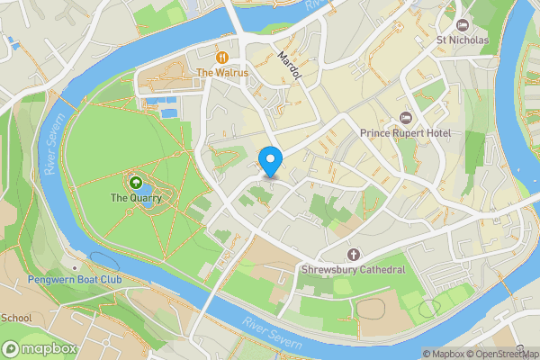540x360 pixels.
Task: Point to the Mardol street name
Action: coord(290,66)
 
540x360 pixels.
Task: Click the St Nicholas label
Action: coord(463,40)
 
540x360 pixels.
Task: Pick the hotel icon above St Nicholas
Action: coord(463,24)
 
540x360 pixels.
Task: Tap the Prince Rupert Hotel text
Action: coord(406,134)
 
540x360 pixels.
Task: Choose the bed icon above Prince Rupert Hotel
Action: coord(406,118)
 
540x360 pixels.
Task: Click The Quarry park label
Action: coord(136,198)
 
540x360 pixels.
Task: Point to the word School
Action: coord(16,318)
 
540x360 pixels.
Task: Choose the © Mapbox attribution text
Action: coord(442,354)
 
